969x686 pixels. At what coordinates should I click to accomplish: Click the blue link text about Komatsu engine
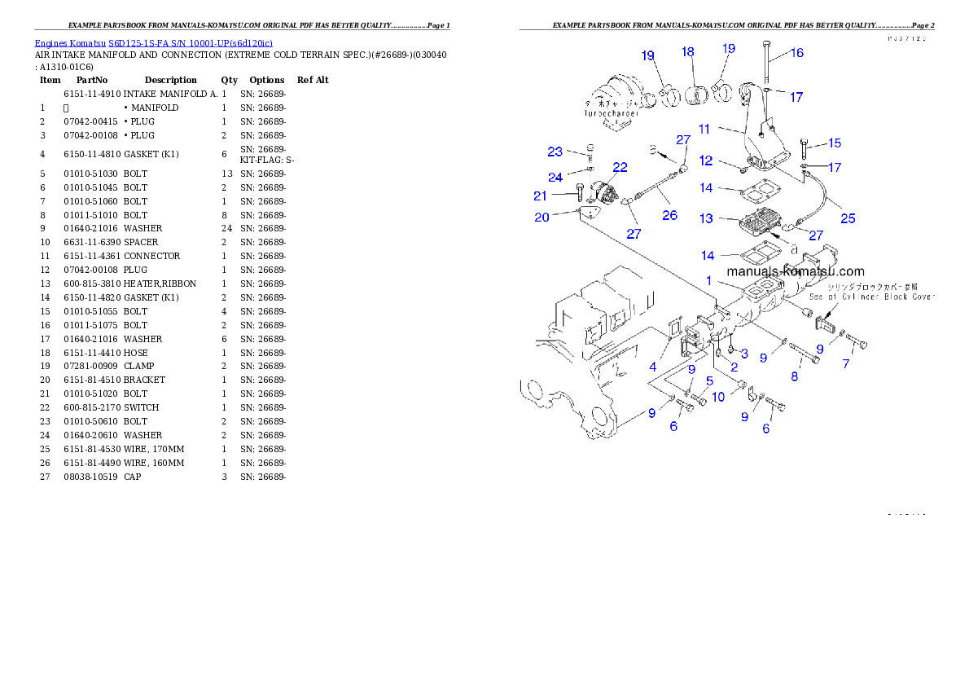tap(153, 42)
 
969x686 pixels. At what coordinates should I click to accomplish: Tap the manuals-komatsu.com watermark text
tap(795, 271)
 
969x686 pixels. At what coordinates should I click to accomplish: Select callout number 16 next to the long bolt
tap(796, 53)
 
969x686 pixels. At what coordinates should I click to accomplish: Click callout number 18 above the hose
tap(688, 52)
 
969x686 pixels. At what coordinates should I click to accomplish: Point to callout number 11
tap(704, 129)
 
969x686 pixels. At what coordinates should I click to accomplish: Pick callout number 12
tap(705, 161)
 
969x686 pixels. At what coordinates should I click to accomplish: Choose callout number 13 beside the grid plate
tap(705, 218)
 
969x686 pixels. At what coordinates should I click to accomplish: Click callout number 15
tap(835, 143)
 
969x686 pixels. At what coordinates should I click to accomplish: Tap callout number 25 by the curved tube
tap(848, 218)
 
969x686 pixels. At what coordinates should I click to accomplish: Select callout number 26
tap(669, 216)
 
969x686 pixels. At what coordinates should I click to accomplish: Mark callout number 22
tap(620, 167)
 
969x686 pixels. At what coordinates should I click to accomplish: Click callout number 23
tap(555, 152)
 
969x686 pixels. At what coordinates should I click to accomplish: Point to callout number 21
tap(540, 196)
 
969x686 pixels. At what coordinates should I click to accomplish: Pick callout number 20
tap(541, 217)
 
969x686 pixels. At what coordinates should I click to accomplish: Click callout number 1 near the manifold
tap(709, 280)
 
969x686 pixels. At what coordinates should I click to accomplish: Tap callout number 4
tap(652, 367)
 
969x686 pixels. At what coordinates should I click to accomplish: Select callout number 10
tap(718, 397)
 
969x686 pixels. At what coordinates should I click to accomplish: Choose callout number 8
tap(795, 376)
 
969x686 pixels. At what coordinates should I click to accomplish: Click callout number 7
tap(846, 364)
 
